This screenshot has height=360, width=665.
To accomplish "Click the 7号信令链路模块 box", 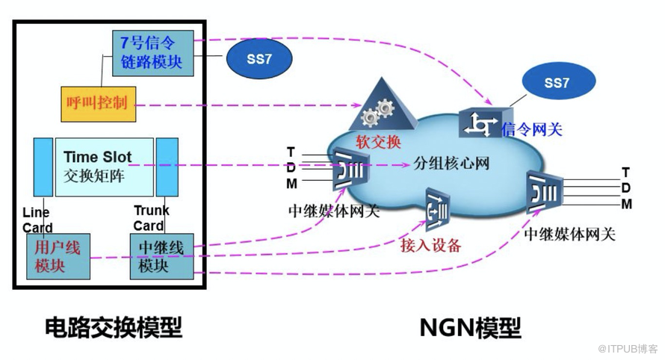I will [x=152, y=53].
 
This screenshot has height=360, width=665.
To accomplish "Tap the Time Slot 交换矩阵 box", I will [x=105, y=166].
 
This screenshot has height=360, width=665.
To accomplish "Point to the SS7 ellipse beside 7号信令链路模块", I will [x=259, y=59].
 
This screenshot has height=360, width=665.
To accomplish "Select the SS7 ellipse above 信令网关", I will [x=556, y=84].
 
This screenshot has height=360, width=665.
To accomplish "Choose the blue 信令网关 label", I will [x=532, y=128].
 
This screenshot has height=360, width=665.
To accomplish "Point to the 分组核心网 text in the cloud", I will [x=451, y=163].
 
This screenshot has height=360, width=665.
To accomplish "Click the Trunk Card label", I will [x=152, y=218].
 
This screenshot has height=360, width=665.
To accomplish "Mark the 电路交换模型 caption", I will [x=114, y=326].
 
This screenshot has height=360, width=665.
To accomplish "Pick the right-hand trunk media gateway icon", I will [x=542, y=192].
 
